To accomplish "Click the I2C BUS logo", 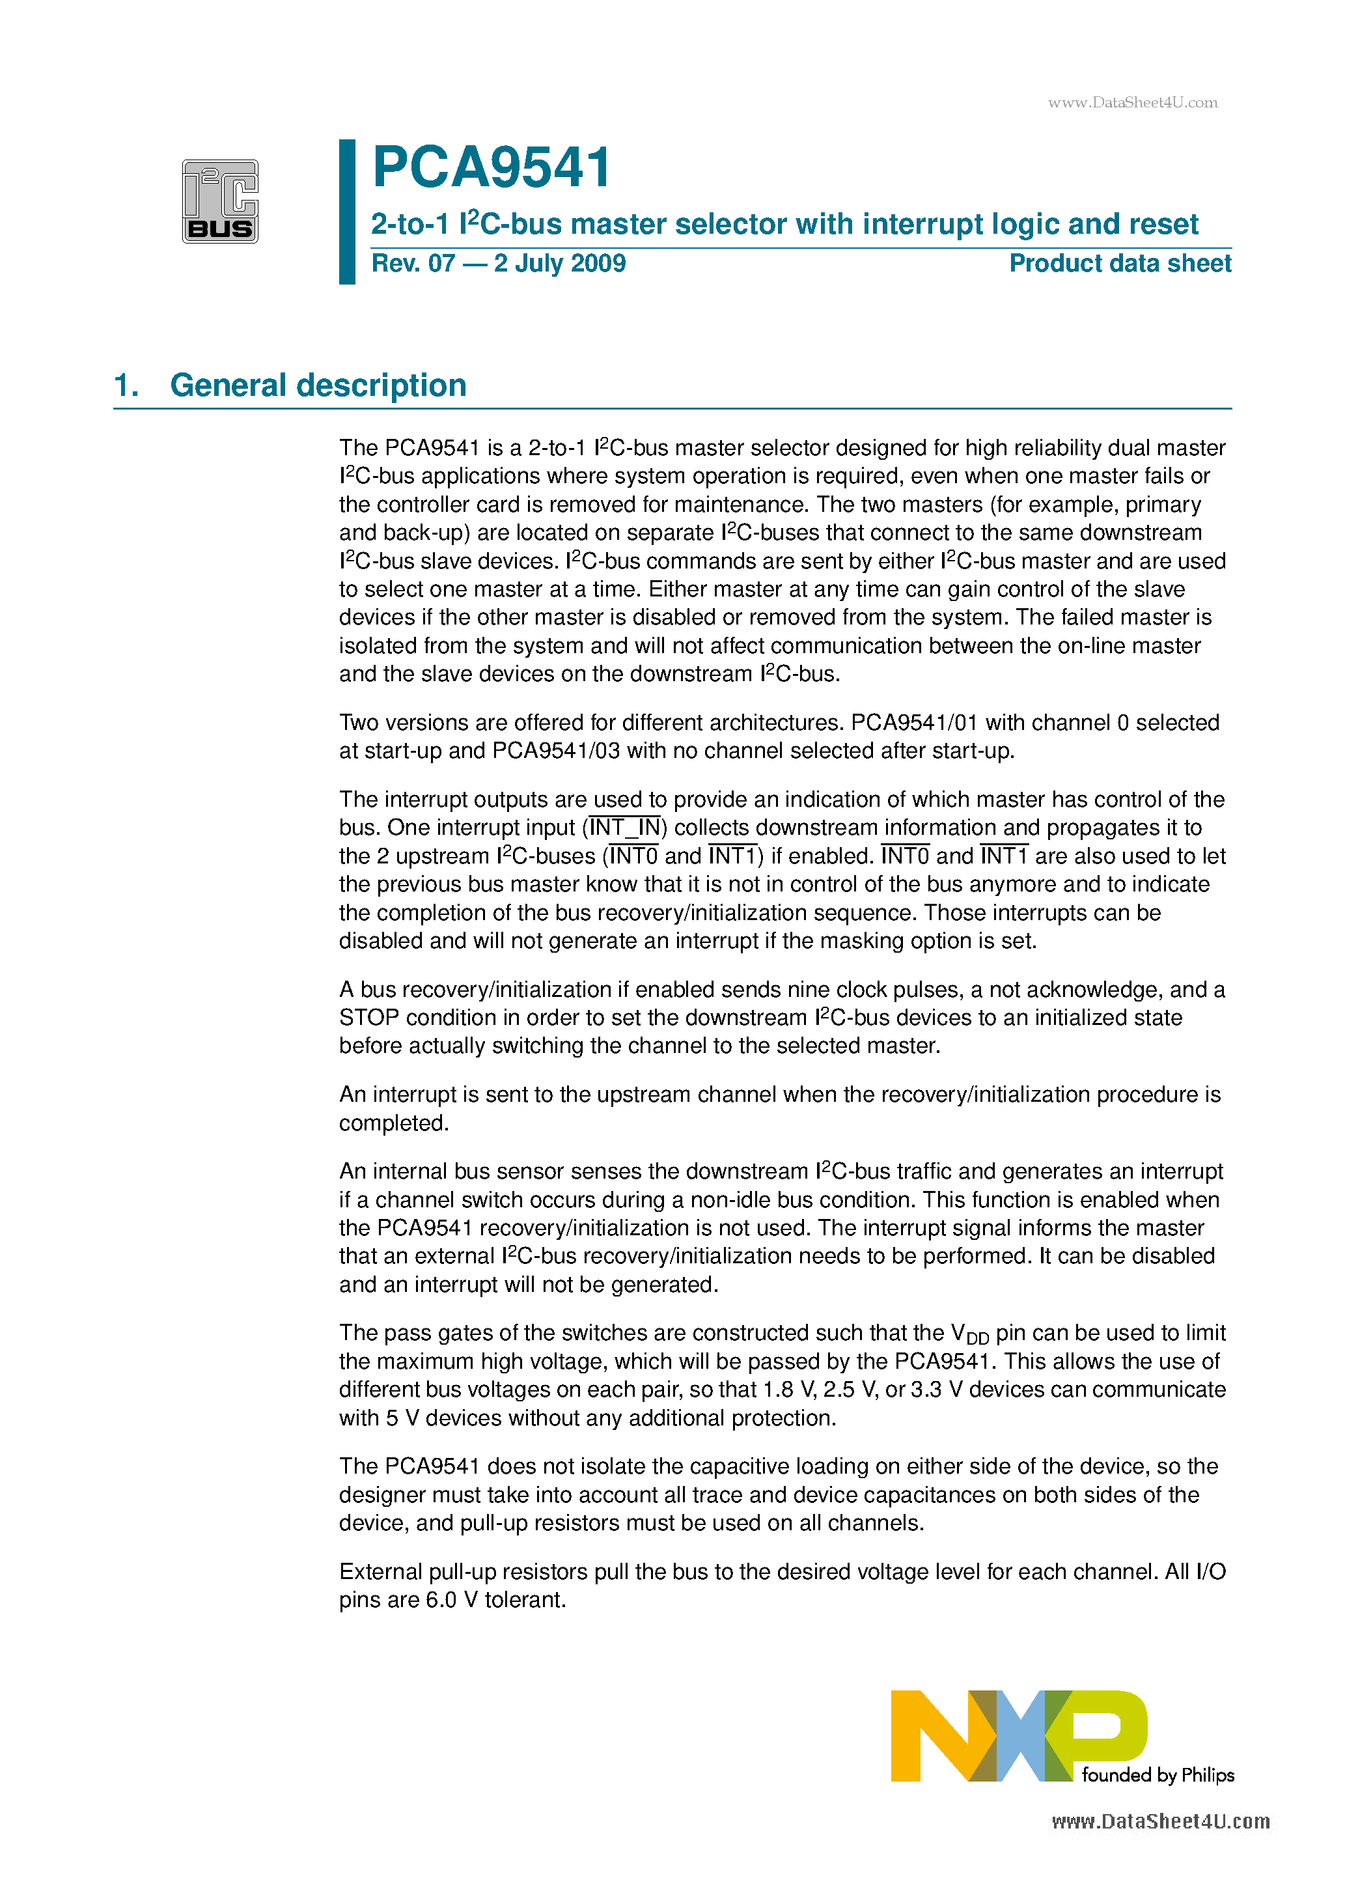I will (x=220, y=201).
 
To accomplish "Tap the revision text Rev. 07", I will (x=413, y=264).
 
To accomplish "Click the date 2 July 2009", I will (x=560, y=264).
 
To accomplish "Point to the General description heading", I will (x=318, y=385).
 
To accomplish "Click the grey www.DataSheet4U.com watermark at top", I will (x=1132, y=103).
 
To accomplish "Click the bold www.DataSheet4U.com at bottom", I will (x=1160, y=1822).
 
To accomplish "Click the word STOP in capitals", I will (x=369, y=1018).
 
